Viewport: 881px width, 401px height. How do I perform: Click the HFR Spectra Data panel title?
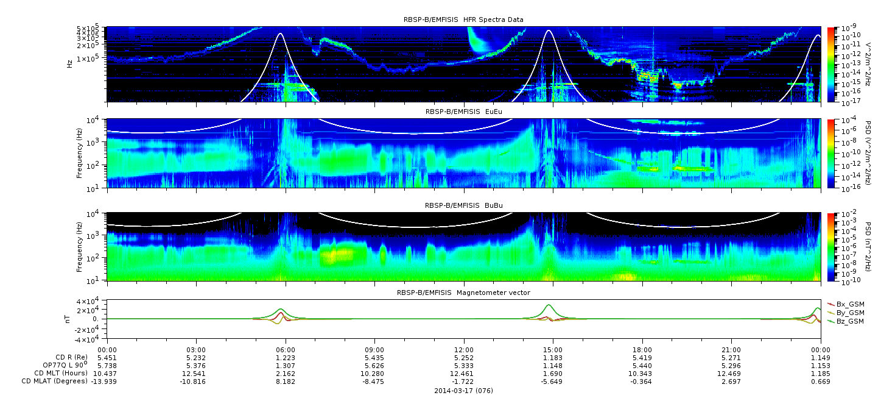463,20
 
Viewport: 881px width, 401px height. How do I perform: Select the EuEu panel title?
464,112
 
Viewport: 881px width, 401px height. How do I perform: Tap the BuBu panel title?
464,205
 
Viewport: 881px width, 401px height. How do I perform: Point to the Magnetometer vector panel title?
463,293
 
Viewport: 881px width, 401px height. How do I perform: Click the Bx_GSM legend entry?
846,304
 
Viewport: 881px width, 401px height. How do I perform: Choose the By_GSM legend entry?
846,313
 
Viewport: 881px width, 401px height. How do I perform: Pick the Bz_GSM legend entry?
846,321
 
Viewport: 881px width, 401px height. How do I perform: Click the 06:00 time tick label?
286,350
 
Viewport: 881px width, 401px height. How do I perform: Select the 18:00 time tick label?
642,350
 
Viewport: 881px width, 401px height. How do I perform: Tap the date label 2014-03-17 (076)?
464,391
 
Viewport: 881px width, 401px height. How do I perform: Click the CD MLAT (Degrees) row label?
54,381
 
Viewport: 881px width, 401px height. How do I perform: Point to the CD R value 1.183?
553,358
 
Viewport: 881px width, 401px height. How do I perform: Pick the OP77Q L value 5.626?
374,366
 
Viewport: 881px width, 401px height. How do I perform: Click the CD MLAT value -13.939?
104,381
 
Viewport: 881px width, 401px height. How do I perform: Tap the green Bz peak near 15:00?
549,305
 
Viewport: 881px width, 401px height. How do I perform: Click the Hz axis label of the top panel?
69,64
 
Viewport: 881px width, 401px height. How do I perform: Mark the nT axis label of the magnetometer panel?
67,319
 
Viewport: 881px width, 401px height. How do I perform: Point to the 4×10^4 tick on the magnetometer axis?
91,302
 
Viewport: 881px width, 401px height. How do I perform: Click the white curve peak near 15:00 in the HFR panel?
549,30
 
